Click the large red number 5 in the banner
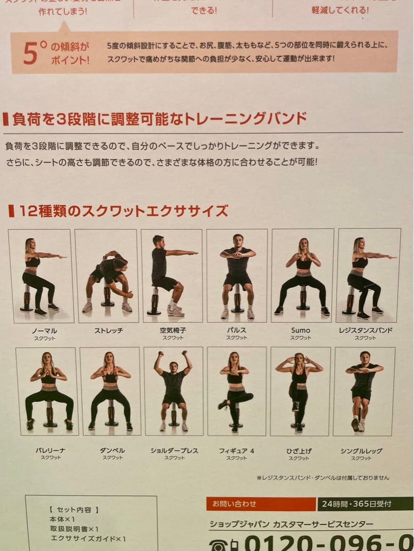click(30, 53)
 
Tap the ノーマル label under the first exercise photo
click(44, 331)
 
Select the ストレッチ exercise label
click(108, 331)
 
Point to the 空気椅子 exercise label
click(173, 331)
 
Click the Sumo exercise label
click(301, 331)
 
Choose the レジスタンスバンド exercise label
click(366, 331)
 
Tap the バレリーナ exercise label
click(50, 450)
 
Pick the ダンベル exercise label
click(112, 450)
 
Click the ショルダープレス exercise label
click(174, 450)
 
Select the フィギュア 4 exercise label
click(236, 450)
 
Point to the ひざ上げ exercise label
click(299, 450)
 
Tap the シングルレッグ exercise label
click(361, 450)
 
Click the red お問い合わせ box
click(261, 504)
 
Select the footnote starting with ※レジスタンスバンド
click(323, 478)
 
